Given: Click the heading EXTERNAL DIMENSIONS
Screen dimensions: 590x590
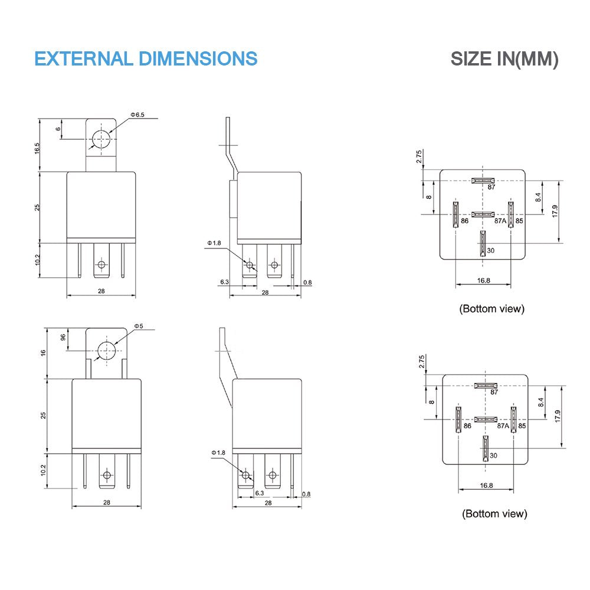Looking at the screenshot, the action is (146, 58).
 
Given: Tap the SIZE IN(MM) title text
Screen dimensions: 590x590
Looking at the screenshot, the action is (504, 59).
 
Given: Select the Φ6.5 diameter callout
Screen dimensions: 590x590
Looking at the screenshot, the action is (137, 114).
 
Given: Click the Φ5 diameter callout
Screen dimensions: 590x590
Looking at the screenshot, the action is (139, 326).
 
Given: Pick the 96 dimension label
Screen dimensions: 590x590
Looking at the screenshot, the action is (63, 337).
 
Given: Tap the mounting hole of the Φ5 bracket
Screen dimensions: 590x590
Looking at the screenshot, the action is (107, 351).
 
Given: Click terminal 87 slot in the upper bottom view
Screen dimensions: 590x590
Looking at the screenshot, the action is (483, 181).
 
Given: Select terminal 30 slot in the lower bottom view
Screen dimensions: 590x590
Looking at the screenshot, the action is (486, 448).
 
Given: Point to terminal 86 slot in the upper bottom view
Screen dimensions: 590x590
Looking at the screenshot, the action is (455, 215).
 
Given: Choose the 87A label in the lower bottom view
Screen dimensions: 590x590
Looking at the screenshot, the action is (503, 426).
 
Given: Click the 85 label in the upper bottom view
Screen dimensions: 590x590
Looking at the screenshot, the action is (519, 221).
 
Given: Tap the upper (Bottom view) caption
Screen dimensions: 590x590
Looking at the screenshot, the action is (492, 309).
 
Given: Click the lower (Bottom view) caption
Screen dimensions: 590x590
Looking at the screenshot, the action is (494, 514).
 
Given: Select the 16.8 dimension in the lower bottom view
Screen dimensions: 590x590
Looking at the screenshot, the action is (486, 486).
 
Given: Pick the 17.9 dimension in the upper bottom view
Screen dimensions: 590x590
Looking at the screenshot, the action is (555, 211).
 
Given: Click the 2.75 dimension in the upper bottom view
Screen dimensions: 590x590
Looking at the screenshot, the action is (419, 156).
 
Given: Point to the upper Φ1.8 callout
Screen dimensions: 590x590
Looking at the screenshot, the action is (214, 243).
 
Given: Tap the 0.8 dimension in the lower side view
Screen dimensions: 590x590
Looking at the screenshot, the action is (306, 494).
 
